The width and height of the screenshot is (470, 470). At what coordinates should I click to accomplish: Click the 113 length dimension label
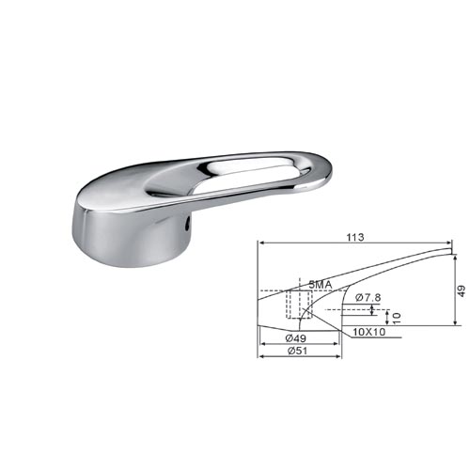point(355,237)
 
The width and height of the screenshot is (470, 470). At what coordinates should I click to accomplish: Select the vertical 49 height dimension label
point(462,290)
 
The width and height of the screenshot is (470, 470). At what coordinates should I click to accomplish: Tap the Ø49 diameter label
point(295,338)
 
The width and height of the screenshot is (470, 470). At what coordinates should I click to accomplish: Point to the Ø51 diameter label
point(297,351)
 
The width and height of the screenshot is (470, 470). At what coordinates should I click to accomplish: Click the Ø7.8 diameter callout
point(368,297)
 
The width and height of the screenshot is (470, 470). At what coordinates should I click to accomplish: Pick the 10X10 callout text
point(368,332)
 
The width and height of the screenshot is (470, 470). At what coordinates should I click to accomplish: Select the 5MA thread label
point(321,285)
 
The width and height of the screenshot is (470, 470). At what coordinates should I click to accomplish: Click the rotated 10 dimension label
point(397,318)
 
